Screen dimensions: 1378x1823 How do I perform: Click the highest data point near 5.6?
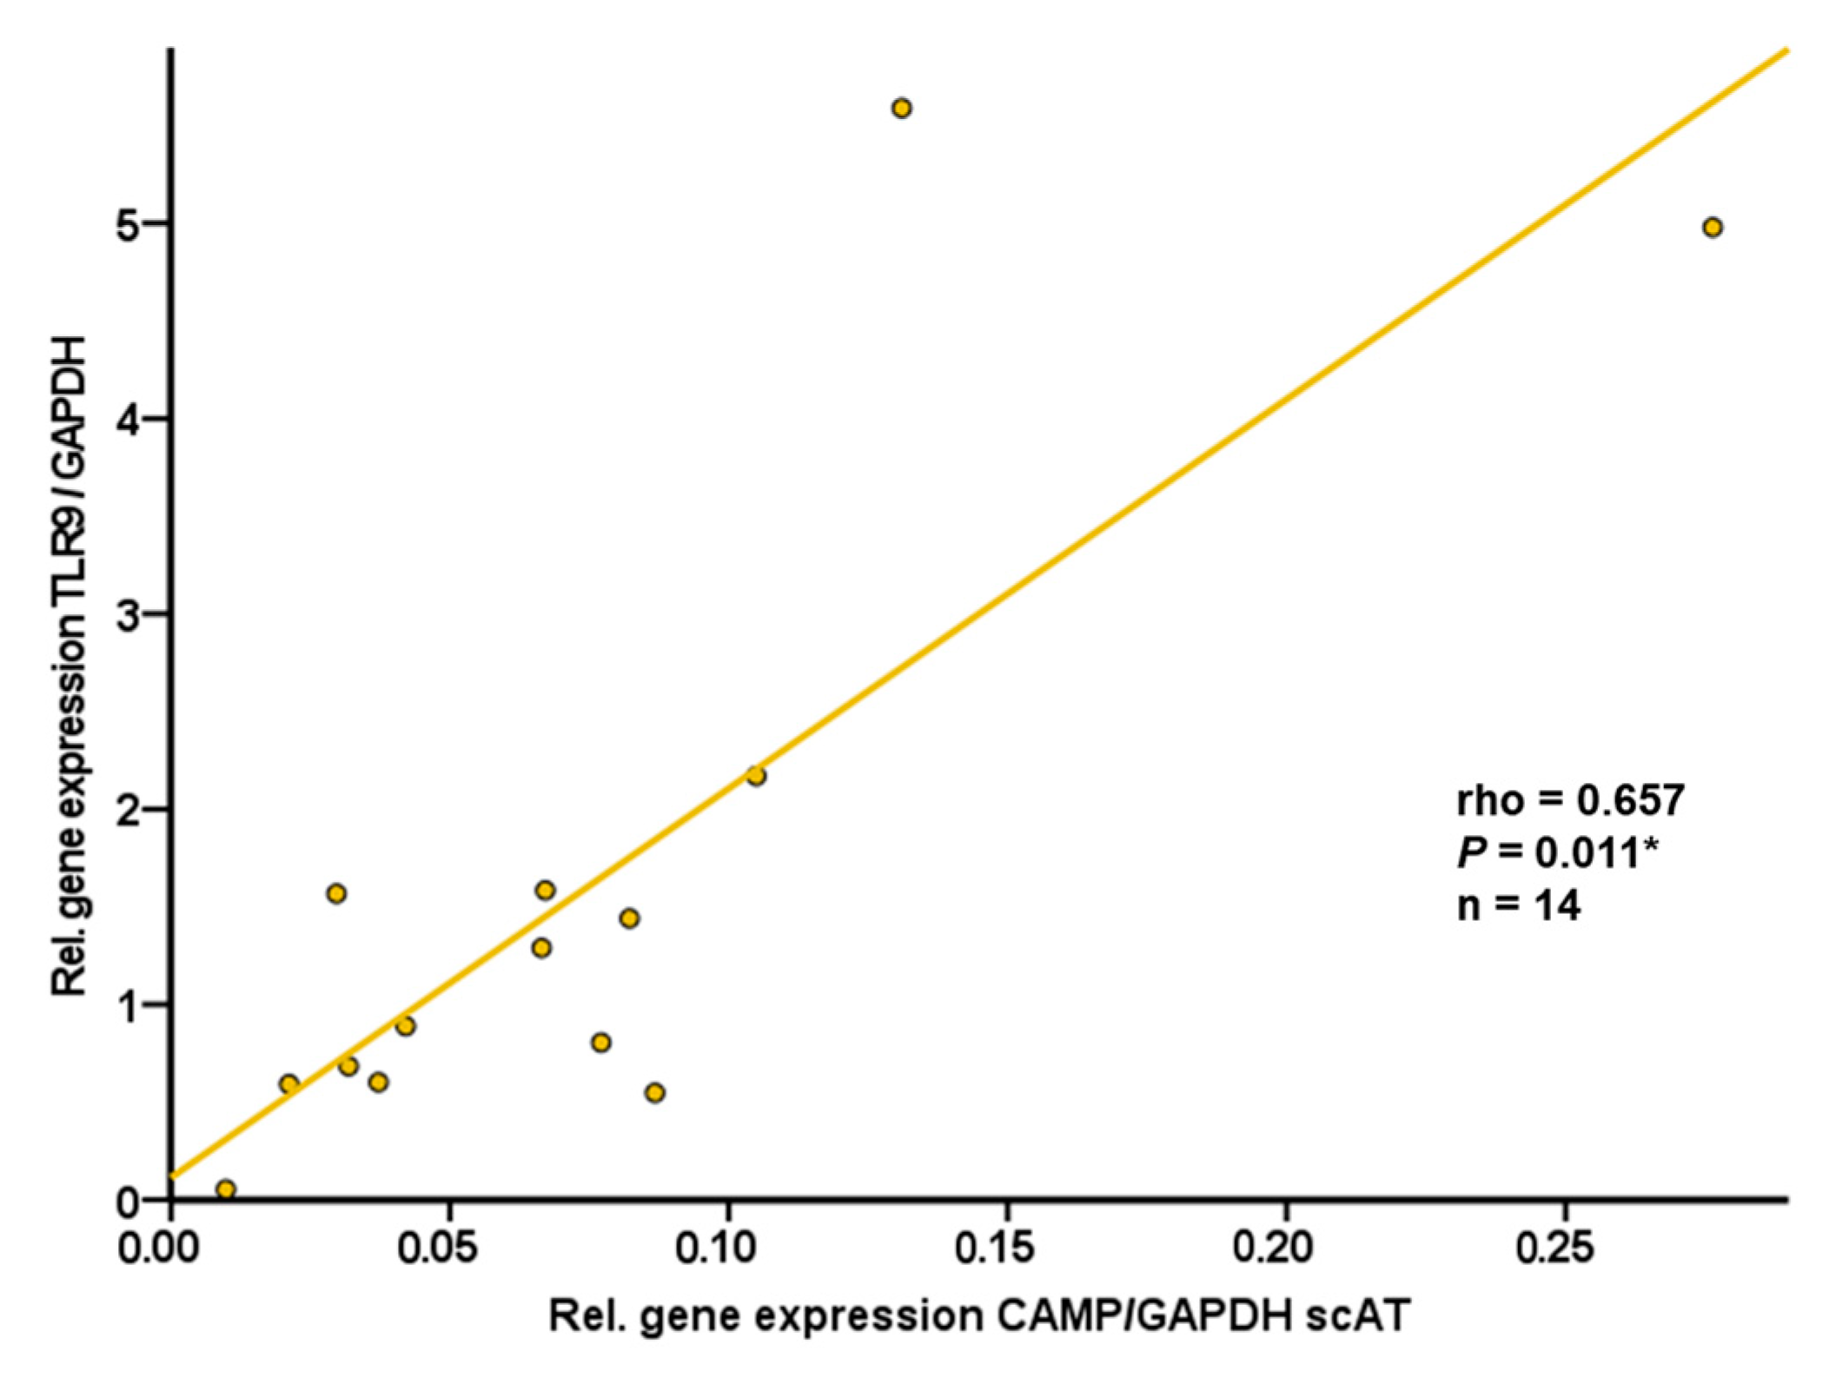(x=901, y=109)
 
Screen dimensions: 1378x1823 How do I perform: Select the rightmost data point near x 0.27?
(x=1712, y=228)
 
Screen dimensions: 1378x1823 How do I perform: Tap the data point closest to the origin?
(x=226, y=1189)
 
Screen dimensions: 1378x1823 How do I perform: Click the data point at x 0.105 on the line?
(x=756, y=776)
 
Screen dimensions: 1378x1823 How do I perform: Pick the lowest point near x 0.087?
(x=655, y=1092)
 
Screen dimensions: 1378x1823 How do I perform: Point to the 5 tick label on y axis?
(x=129, y=224)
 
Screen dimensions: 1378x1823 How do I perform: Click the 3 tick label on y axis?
(x=129, y=614)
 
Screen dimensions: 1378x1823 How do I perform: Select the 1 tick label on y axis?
(x=129, y=1005)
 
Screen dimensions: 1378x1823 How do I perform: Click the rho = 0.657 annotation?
(x=1570, y=800)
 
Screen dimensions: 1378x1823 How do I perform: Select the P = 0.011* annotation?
(x=1556, y=852)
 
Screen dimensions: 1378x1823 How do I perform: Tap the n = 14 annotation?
(x=1518, y=905)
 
